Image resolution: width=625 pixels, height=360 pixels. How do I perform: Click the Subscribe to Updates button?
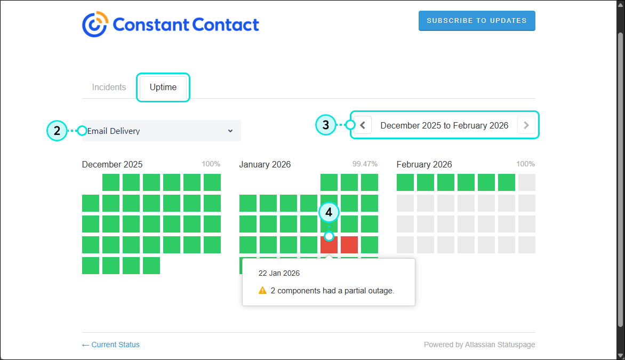tap(477, 21)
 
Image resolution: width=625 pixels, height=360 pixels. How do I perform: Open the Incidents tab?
tap(109, 87)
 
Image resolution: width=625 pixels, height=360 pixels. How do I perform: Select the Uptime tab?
tap(163, 87)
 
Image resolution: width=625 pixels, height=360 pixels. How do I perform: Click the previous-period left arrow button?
tap(363, 125)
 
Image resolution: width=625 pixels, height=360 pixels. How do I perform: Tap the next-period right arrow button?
tap(526, 125)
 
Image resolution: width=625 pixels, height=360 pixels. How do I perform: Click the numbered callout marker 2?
tap(57, 130)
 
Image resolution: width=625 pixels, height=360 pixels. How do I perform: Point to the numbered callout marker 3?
tap(326, 125)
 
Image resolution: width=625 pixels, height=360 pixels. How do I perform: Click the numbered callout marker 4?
tap(329, 212)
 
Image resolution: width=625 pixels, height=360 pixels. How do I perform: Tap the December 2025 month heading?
tap(113, 164)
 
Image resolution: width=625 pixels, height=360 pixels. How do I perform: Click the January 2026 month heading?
tap(265, 164)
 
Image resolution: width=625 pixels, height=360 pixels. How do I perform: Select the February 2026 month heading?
tap(424, 164)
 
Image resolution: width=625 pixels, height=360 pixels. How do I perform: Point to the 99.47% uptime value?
tap(365, 164)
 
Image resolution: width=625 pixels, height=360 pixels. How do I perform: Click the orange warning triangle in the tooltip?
tap(262, 291)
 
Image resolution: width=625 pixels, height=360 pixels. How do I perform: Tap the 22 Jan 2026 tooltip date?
tap(279, 273)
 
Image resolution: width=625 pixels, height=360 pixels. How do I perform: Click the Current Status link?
tap(111, 345)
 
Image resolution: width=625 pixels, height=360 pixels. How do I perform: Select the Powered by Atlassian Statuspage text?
tap(479, 345)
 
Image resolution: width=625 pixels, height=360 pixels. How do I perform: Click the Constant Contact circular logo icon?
tap(95, 25)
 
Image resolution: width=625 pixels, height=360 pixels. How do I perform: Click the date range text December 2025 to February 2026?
tap(444, 125)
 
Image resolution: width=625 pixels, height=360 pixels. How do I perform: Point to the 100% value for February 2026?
tap(525, 164)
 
